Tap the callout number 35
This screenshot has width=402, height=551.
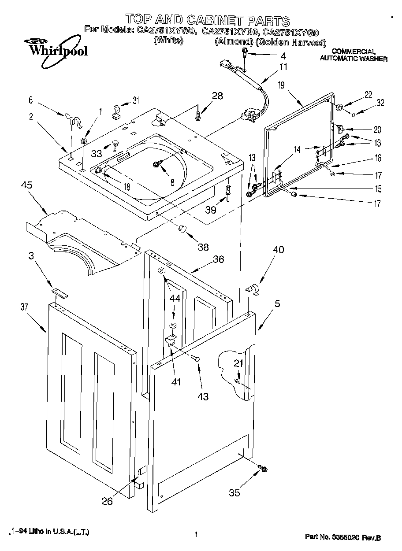click(234, 493)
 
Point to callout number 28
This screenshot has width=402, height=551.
click(217, 95)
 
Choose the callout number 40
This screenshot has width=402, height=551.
click(278, 250)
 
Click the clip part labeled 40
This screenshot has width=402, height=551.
click(253, 289)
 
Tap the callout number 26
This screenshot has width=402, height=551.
click(107, 501)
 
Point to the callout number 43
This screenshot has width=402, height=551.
click(203, 396)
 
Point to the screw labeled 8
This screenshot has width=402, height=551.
click(156, 164)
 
